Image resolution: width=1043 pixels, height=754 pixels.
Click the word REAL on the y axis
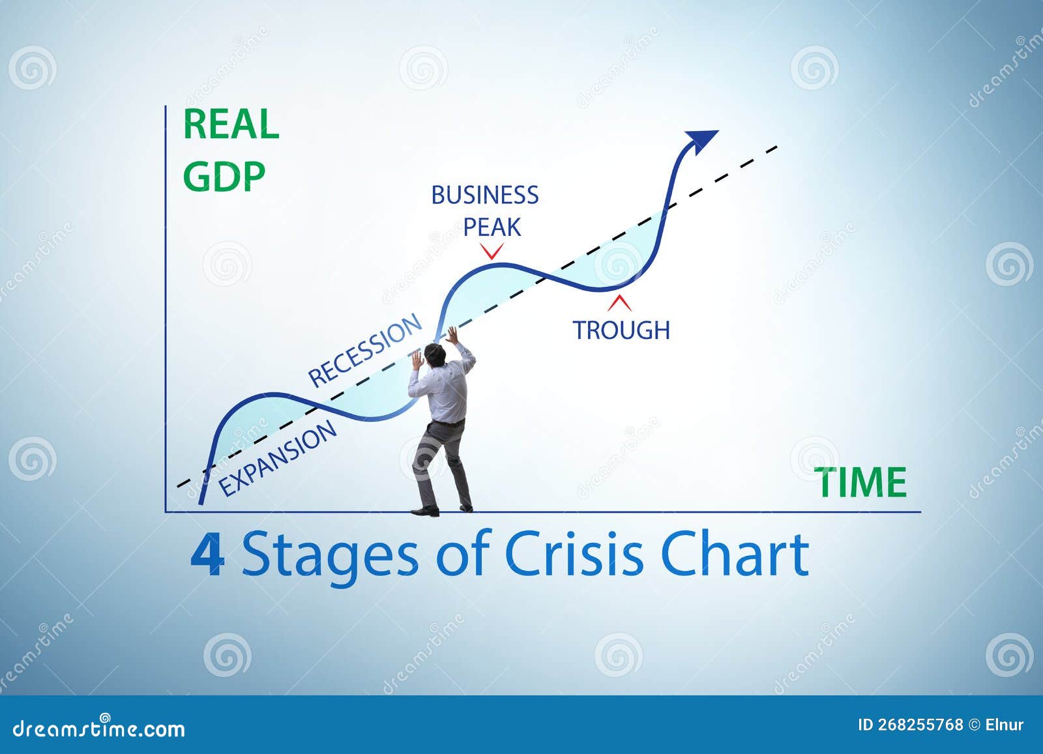click(231, 124)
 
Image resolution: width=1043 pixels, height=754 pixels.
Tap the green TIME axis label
click(862, 482)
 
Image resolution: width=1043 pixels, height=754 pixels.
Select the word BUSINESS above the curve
click(485, 195)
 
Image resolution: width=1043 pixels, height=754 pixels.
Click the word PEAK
click(492, 227)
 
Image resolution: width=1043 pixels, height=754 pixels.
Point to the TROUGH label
click(621, 330)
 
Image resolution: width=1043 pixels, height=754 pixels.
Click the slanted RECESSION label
click(364, 350)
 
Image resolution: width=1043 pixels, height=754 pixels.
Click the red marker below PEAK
click(492, 252)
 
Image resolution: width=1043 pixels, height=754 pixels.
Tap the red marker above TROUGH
click(620, 303)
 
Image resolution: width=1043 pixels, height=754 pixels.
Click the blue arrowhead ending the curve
click(701, 139)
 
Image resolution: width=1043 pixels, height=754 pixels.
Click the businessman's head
click(435, 357)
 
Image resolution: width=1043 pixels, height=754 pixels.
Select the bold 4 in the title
click(207, 555)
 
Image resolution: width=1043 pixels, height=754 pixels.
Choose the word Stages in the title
click(329, 556)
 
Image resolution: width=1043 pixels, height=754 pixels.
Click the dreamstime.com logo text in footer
click(99, 728)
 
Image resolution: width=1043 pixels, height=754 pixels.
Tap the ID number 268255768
click(920, 725)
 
